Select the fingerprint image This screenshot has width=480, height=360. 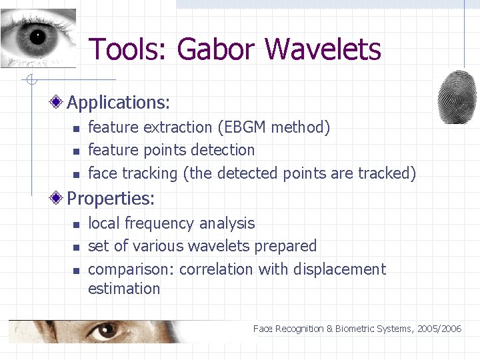point(457,97)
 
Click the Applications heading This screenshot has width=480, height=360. point(119,103)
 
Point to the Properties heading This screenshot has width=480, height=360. point(111,199)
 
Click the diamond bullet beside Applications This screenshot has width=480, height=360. point(59,102)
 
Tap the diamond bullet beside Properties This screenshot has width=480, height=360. point(59,198)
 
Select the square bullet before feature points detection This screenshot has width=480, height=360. point(76,151)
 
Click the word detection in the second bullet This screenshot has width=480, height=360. point(222,150)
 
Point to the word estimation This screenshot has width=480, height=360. point(124,289)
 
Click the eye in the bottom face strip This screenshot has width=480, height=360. point(107,331)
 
